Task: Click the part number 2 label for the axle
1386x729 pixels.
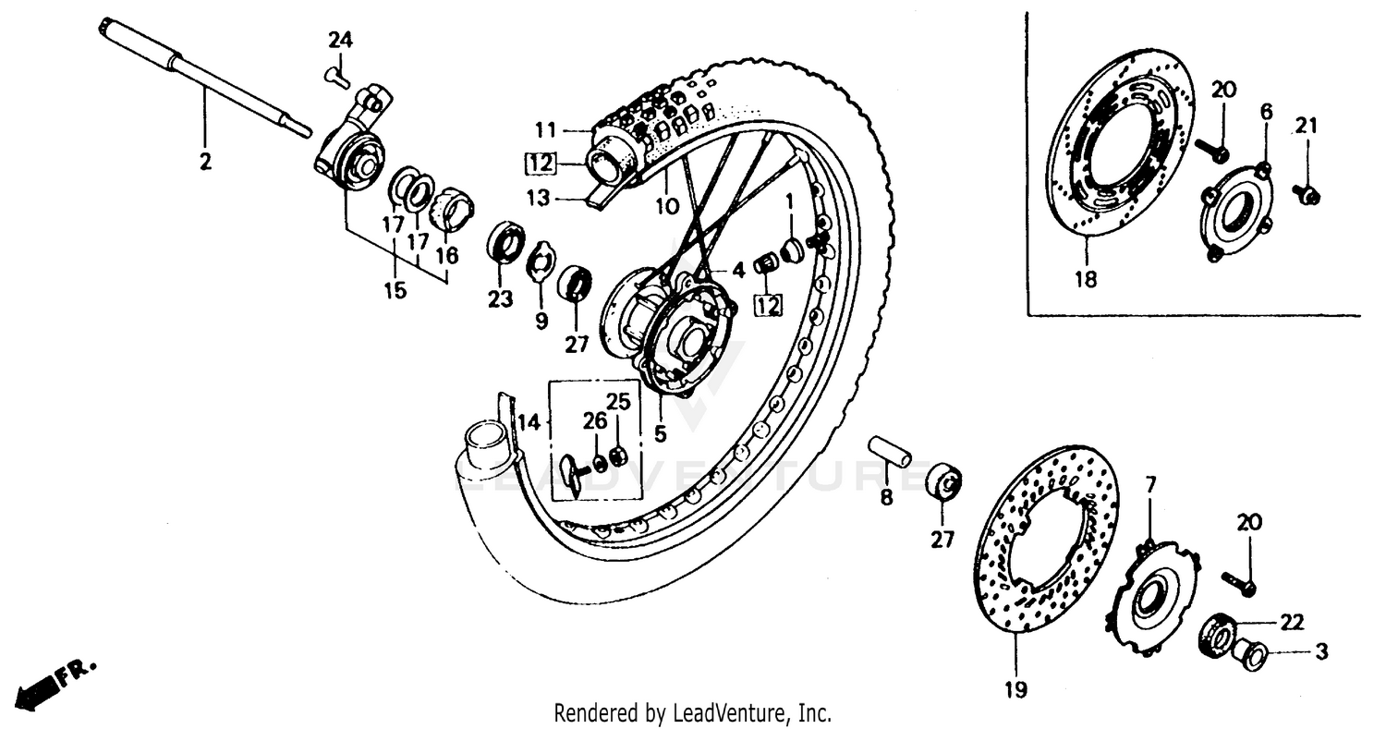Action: tap(205, 163)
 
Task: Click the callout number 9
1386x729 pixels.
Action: tap(541, 321)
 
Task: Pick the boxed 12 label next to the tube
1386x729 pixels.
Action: tap(541, 164)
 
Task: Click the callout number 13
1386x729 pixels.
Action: tap(539, 198)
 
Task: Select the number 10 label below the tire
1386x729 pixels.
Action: tap(667, 207)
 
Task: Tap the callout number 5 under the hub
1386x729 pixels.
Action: tap(661, 431)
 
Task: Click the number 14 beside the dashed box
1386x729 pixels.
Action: tap(528, 423)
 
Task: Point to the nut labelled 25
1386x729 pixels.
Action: tap(621, 456)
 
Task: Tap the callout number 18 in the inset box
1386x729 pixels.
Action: tap(1086, 279)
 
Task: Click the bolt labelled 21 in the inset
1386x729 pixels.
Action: tap(1307, 194)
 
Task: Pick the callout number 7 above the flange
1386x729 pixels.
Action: tap(1150, 484)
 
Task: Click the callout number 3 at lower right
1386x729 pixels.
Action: tap(1321, 652)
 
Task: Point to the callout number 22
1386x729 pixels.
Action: tap(1292, 622)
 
